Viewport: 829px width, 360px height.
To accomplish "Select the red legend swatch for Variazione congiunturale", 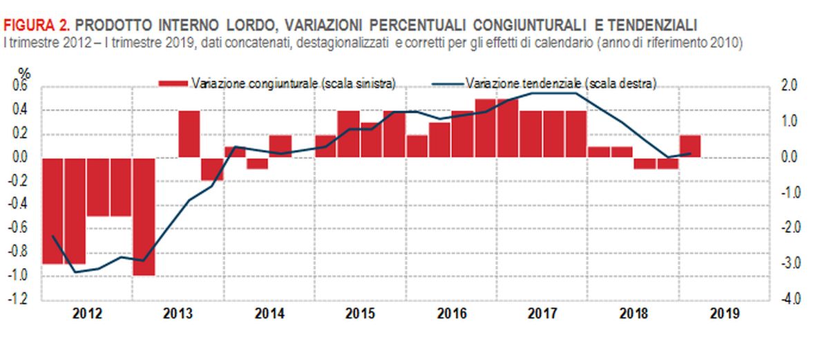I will click(x=173, y=84).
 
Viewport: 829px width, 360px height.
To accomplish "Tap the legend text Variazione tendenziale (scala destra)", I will click(x=560, y=83).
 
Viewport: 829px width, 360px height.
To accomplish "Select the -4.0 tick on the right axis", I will click(x=789, y=300).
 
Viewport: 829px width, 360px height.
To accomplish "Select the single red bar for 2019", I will click(x=689, y=146).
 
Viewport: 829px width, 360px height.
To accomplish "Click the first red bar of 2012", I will click(x=53, y=211).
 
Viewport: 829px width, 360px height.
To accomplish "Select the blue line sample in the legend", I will click(x=448, y=84).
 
